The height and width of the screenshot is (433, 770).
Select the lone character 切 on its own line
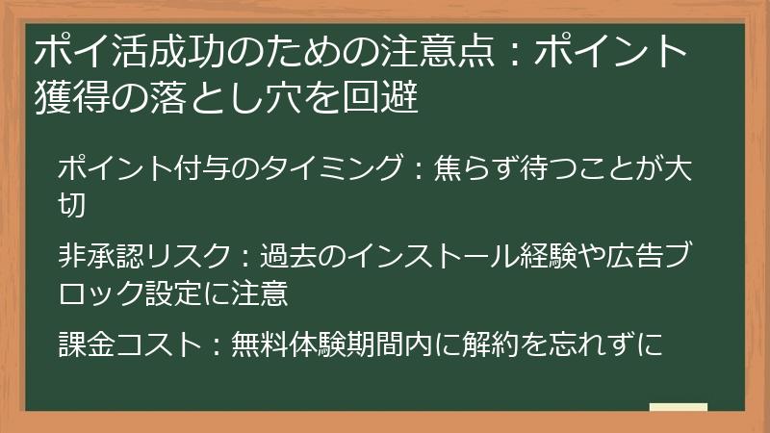pos(72,204)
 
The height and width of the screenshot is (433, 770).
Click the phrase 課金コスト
pos(126,344)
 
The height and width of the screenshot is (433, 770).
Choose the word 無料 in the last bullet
pos(260,344)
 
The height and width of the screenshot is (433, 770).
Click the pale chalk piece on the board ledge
pos(678,406)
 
